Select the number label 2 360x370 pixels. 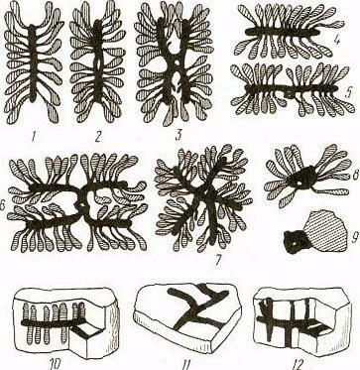97,136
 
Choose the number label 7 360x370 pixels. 217,260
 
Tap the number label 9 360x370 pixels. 354,238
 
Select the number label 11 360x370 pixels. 187,365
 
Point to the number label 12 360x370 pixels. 300,365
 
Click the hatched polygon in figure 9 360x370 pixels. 324,230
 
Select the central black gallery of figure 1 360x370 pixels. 33,62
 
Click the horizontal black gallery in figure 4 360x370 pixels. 282,32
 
